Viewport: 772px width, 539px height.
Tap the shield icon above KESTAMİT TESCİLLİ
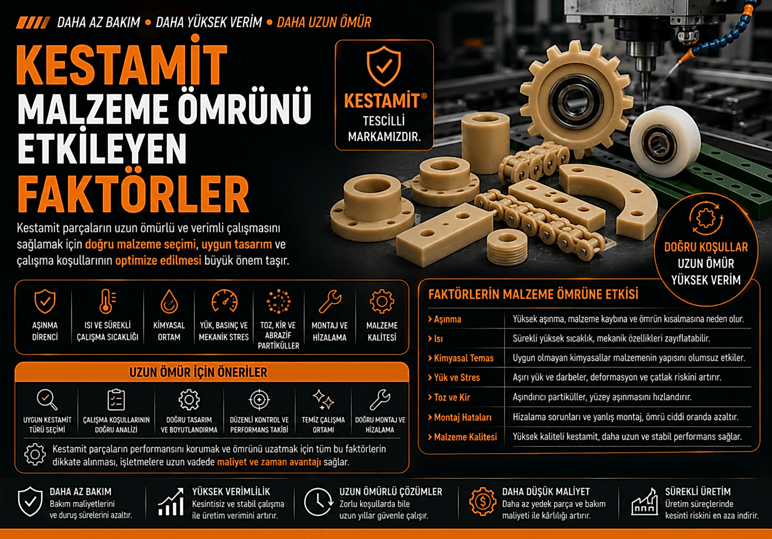coord(384,66)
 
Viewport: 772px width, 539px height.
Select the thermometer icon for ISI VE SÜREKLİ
coord(107,301)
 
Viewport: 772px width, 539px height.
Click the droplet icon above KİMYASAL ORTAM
coord(169,301)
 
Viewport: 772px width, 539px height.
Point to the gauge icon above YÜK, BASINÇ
coord(224,301)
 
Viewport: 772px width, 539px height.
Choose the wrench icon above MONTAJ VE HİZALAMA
coord(330,301)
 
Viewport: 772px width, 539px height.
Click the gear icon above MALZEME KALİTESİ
coord(382,301)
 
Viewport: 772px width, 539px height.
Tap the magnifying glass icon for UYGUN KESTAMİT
coord(47,400)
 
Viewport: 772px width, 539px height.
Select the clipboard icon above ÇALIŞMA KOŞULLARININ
coord(116,400)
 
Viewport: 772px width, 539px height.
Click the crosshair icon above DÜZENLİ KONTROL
coord(259,400)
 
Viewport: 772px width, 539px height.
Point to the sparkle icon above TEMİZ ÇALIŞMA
coord(324,400)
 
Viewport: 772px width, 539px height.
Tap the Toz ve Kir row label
coord(449,398)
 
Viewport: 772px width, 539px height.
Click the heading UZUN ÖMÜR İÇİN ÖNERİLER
coord(198,372)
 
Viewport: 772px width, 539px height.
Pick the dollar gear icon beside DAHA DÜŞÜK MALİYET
coord(483,501)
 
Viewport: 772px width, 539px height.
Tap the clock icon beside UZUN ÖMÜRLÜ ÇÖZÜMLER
coord(318,502)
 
